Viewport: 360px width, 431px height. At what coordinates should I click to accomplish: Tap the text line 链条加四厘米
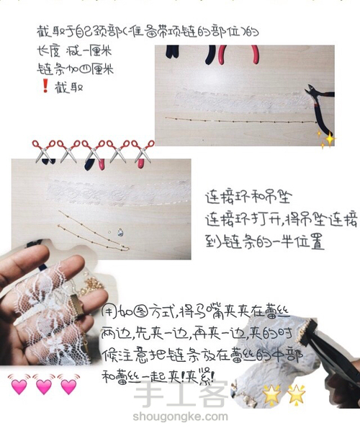tap(68, 70)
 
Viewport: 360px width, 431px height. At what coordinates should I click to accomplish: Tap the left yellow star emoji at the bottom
tap(272, 394)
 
